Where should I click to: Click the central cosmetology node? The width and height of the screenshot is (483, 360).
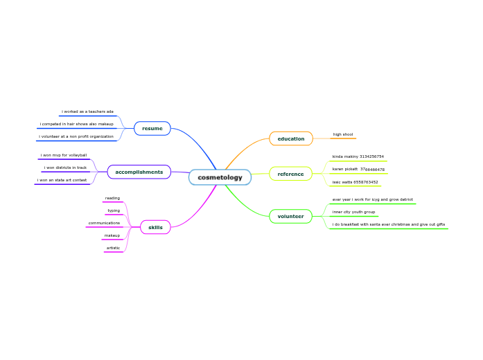(x=220, y=177)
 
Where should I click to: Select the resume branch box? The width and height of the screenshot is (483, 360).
(x=152, y=129)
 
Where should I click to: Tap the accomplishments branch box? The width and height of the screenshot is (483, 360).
(x=139, y=172)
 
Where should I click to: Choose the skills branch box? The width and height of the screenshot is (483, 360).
(x=155, y=227)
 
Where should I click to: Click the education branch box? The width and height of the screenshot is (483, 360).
(x=290, y=138)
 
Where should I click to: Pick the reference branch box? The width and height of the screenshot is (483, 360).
(x=290, y=174)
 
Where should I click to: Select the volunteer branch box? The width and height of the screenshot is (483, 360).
(x=290, y=217)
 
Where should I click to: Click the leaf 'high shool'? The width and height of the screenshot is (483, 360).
(x=342, y=134)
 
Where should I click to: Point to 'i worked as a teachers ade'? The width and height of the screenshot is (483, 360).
(x=87, y=111)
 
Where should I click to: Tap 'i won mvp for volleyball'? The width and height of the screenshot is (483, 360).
(x=64, y=155)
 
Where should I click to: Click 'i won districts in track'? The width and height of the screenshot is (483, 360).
(x=65, y=168)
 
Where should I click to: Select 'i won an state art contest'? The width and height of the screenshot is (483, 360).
(x=62, y=180)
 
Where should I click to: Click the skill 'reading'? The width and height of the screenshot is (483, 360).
(x=112, y=198)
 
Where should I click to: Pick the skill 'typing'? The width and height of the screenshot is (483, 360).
(x=114, y=210)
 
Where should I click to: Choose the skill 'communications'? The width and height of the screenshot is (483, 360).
(x=104, y=223)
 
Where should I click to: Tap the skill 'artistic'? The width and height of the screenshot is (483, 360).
(x=113, y=248)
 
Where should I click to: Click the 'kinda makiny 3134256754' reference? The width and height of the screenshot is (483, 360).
(x=358, y=156)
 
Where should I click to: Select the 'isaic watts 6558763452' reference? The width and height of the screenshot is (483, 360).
(x=355, y=182)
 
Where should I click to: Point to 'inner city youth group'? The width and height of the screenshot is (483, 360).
(x=353, y=212)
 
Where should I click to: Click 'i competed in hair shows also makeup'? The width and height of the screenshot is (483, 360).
(x=76, y=124)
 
